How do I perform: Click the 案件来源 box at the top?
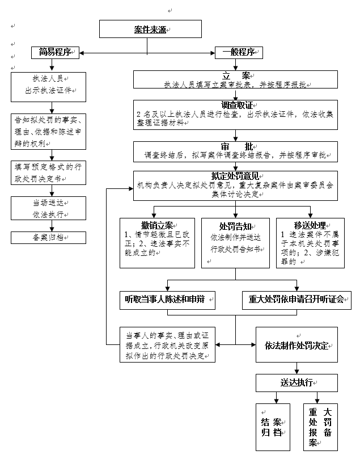(x=150, y=30)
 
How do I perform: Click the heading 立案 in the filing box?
(x=236, y=75)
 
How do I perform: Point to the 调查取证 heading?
(x=236, y=105)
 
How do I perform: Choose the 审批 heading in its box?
(x=236, y=146)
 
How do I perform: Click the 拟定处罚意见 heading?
(x=236, y=176)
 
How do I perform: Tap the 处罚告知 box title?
(x=235, y=225)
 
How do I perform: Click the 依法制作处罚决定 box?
(x=297, y=346)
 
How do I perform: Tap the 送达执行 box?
(x=297, y=382)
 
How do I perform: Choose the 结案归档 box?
(x=271, y=427)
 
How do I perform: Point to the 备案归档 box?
(x=48, y=238)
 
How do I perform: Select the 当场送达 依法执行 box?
(x=48, y=209)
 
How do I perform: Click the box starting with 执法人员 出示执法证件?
(x=48, y=85)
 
